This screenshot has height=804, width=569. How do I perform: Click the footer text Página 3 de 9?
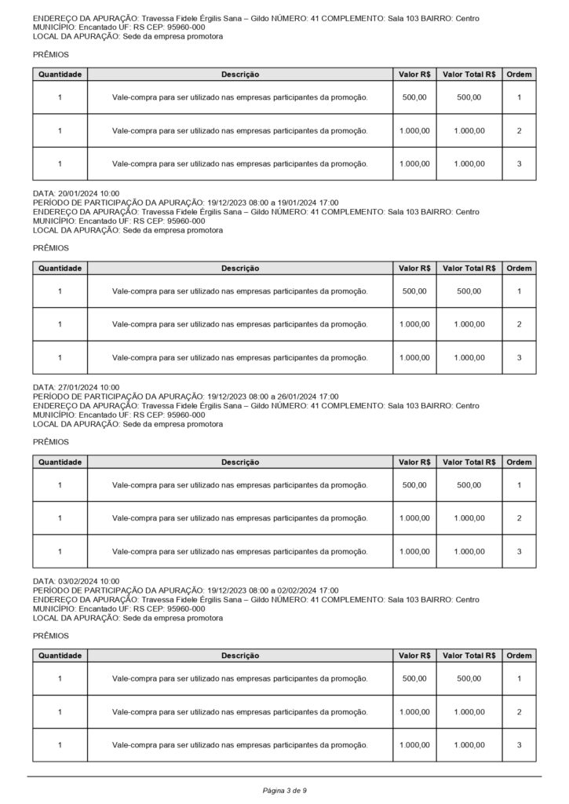click(x=284, y=790)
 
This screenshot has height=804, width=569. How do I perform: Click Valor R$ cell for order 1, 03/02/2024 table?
click(x=414, y=678)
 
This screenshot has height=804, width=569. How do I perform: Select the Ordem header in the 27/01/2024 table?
click(x=519, y=462)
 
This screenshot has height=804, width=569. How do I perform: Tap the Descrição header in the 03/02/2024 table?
click(x=239, y=656)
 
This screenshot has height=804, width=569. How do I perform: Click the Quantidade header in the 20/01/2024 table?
click(x=60, y=268)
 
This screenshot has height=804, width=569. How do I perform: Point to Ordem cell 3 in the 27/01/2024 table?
click(x=519, y=551)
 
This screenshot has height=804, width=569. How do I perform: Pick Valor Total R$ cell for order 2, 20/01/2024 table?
click(x=469, y=324)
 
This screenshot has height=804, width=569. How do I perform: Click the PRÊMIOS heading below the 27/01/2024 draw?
click(x=51, y=442)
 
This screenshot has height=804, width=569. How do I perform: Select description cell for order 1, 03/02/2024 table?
click(x=239, y=678)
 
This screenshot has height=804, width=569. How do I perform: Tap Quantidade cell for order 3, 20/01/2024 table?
click(x=60, y=357)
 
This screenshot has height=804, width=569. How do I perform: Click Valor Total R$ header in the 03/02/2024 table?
click(x=469, y=656)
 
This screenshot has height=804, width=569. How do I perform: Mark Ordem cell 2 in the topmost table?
click(x=519, y=130)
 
